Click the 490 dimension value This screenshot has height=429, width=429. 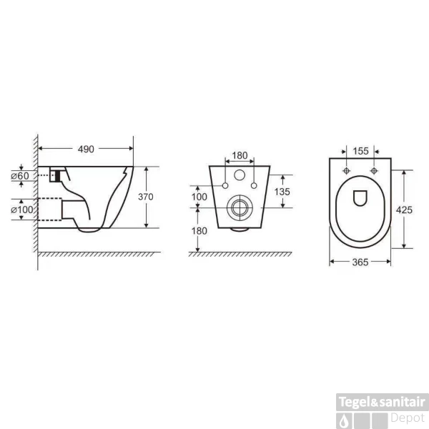pyautogui.click(x=86, y=149)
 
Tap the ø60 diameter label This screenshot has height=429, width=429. pyautogui.click(x=20, y=176)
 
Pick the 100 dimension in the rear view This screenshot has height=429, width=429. pyautogui.click(x=199, y=196)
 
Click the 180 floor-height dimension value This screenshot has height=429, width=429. pyautogui.click(x=199, y=230)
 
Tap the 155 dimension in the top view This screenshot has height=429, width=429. pyautogui.click(x=360, y=152)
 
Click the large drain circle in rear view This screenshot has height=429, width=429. pyautogui.click(x=238, y=209)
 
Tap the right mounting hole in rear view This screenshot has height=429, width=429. pyautogui.click(x=252, y=187)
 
